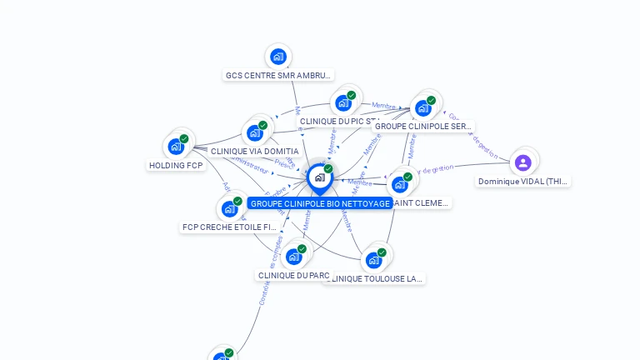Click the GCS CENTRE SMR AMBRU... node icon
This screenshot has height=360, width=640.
tap(277, 57)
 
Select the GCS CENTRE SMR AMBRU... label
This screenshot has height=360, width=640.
tap(278, 75)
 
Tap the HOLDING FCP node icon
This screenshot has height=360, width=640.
tap(176, 147)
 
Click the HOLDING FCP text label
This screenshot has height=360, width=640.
tap(176, 165)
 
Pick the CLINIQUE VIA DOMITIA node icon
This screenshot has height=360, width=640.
tap(254, 133)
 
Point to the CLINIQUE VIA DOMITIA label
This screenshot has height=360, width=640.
tap(254, 152)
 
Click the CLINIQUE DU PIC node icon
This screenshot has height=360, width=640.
tap(342, 103)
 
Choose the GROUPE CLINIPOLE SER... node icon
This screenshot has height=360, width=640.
tap(423, 108)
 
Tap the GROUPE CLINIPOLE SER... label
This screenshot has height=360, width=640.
tap(422, 127)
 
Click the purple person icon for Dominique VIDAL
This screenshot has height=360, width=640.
tap(522, 162)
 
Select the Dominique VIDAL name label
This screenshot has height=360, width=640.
tap(523, 181)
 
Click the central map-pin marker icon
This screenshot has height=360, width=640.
tap(319, 177)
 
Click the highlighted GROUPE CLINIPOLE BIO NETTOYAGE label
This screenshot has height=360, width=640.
tap(320, 203)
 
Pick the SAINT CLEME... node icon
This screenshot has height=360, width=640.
tap(400, 184)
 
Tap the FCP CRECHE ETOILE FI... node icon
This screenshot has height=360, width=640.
tap(229, 208)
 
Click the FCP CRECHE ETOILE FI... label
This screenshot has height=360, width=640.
tap(229, 227)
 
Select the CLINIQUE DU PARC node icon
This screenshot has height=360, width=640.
tap(293, 257)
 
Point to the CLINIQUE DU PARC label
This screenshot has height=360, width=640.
tap(293, 275)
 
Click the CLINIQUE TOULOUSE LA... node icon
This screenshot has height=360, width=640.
tap(373, 260)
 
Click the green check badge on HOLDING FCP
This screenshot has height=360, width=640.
tap(184, 139)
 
